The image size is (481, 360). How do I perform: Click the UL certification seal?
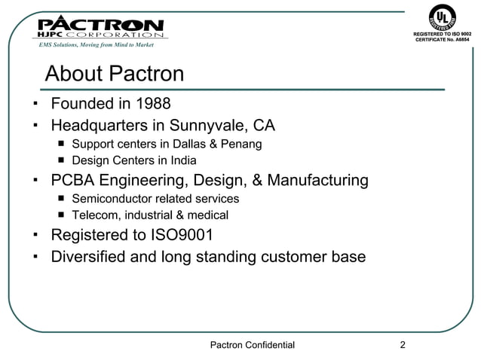441,19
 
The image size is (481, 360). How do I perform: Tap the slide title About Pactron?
115,74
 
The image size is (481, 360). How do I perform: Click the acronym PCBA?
74,181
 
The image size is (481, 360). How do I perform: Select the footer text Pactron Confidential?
251,346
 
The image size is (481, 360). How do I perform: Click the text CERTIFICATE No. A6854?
442,41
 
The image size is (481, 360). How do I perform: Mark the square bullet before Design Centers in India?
61,161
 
